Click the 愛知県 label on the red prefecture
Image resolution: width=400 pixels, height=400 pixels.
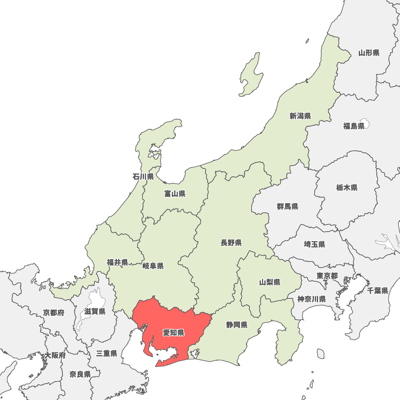coord(174,332)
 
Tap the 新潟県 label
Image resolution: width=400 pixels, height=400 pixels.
coord(300,116)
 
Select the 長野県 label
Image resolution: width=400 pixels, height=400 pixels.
coord(231,242)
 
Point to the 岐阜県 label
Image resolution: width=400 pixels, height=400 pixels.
coord(153,266)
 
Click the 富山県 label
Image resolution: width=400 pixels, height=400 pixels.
coord(175,194)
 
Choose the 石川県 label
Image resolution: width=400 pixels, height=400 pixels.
coord(143,176)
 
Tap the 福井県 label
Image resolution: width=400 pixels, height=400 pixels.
coord(117,262)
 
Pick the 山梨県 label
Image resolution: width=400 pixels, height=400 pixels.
coord(270,282)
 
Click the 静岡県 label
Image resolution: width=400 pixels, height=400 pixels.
coord(237,324)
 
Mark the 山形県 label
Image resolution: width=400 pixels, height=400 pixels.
coord(369,52)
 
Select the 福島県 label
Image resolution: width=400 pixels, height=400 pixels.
coord(354,126)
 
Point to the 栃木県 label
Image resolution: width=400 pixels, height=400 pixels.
coord(347,188)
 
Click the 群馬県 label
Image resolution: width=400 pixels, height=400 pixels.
coord(288,206)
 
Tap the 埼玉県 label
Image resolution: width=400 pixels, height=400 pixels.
coord(314,244)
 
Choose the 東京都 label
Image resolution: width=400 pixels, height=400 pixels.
coord(327,276)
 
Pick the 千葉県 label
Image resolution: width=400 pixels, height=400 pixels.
coord(378,290)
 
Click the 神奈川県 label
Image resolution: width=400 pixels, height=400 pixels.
coord(312,299)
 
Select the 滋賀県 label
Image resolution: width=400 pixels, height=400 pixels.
coord(95,311)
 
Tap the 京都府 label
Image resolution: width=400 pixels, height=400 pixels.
coord(54,312)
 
